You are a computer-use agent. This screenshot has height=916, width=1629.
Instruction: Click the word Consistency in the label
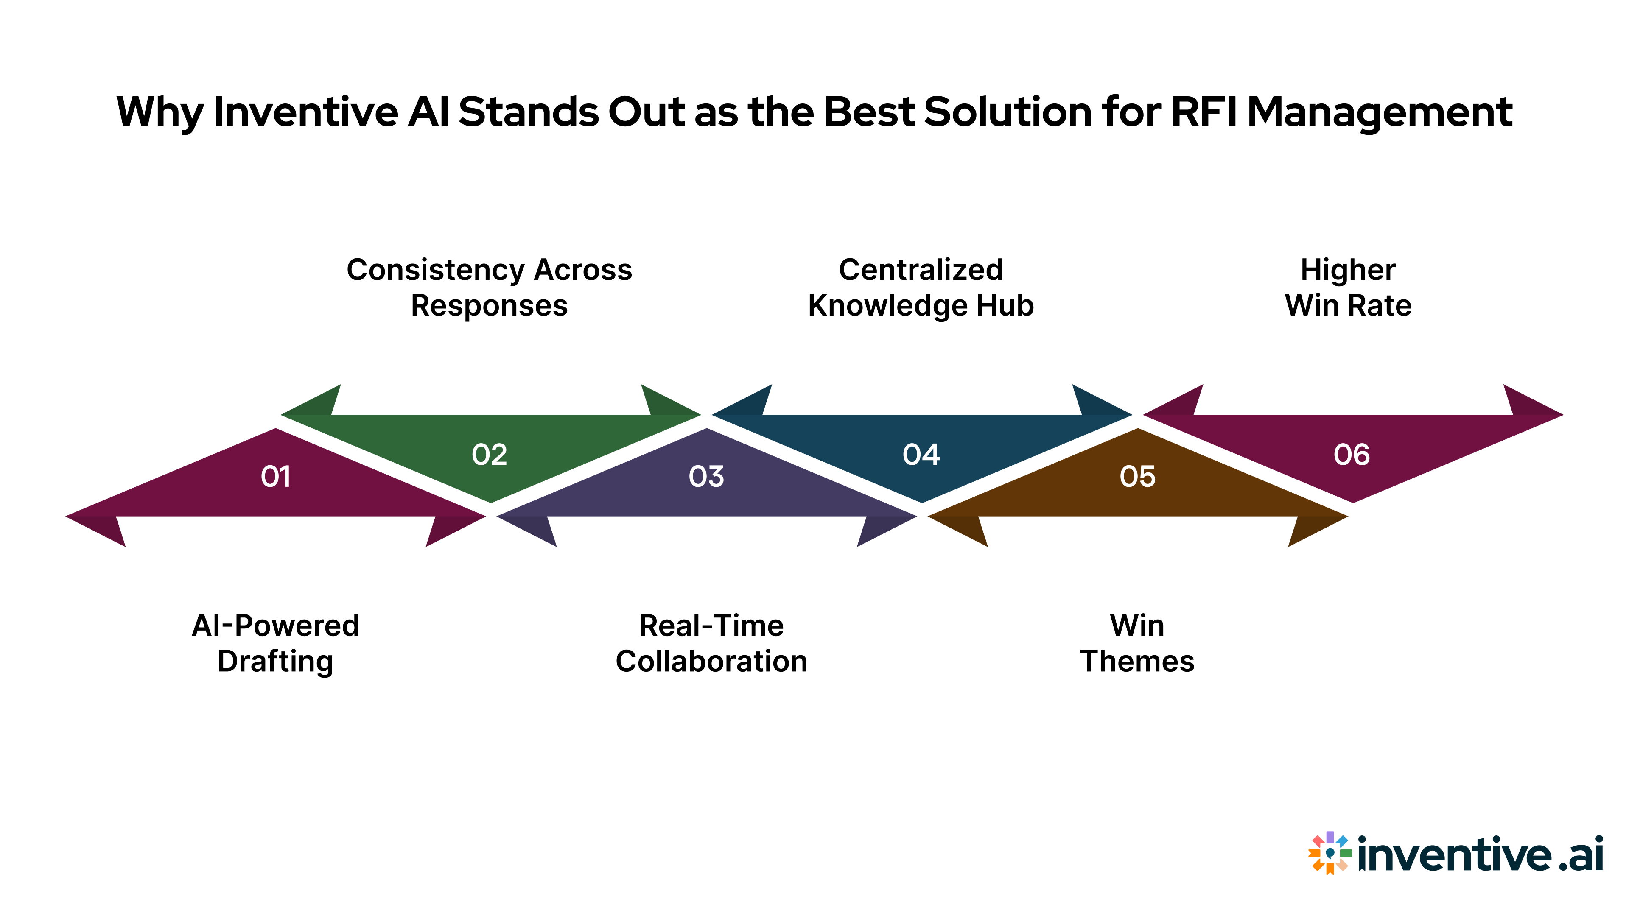(436, 270)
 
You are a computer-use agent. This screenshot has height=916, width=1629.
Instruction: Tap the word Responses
(490, 306)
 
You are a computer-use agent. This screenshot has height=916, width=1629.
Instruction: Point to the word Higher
(1348, 270)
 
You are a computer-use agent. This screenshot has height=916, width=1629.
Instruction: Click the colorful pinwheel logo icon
(1330, 853)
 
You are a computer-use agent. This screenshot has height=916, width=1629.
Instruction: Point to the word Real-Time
(711, 626)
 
